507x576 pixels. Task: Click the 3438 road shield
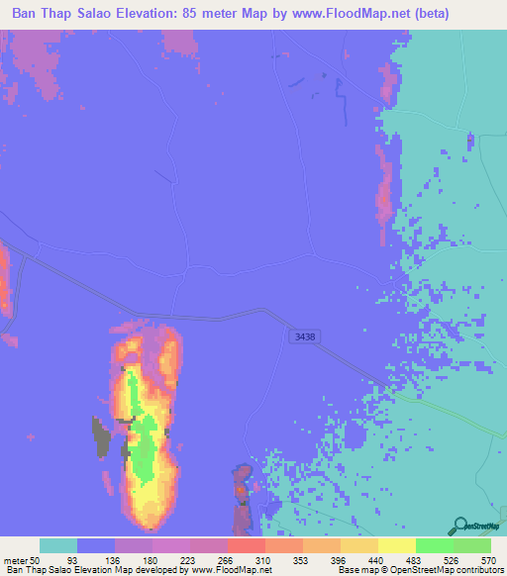[305, 337]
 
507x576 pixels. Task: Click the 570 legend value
[487, 560]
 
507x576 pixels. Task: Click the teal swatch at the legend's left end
[58, 545]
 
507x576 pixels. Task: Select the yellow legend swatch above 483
[397, 545]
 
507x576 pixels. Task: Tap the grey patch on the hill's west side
[100, 432]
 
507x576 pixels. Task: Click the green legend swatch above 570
[472, 545]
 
